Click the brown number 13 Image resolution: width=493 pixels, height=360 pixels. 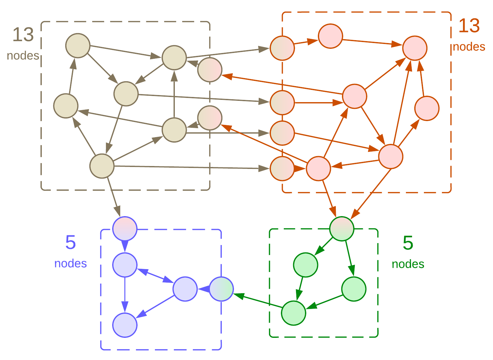[23, 35]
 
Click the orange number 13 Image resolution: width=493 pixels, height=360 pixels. [469, 26]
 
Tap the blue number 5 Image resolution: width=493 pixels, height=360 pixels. [70, 242]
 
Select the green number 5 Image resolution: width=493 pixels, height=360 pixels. [408, 243]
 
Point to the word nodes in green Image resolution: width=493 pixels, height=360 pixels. [408, 264]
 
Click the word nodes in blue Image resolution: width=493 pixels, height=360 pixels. [70, 263]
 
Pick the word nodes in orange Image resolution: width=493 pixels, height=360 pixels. [469, 47]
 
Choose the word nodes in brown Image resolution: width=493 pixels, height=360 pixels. [23, 56]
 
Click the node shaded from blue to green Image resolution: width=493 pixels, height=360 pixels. [221, 289]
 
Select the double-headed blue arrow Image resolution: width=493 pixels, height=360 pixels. [155, 276]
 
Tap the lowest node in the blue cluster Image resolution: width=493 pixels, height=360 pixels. [125, 325]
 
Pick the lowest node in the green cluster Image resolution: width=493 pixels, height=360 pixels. [293, 313]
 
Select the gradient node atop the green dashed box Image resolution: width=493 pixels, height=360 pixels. [342, 229]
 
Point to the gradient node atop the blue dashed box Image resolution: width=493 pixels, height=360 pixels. [125, 229]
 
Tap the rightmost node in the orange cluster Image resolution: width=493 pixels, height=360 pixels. [427, 109]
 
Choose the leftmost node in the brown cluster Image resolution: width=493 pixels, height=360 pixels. [66, 106]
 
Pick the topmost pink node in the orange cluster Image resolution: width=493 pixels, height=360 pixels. [330, 36]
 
